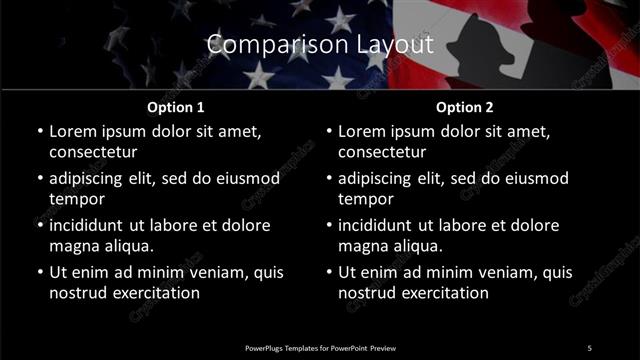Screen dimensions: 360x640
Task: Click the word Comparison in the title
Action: pos(263,45)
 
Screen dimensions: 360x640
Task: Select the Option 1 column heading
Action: pos(176,107)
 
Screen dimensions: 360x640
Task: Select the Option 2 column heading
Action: pos(465,107)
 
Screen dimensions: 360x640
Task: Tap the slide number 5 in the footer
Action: pos(589,347)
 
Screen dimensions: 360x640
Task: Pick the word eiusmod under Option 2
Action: pos(534,178)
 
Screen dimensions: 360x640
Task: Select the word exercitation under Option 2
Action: pos(444,292)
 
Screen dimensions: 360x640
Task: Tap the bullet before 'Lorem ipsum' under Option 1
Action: pos(39,131)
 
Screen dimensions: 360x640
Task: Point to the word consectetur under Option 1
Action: pos(93,152)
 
